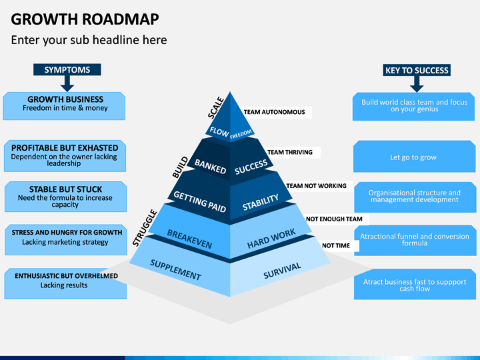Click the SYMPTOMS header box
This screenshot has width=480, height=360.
(67, 69)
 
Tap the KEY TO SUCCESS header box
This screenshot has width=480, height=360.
(417, 70)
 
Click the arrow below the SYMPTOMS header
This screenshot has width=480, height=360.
(67, 83)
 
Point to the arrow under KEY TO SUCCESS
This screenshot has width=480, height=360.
(417, 84)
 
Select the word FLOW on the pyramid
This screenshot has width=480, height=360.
(219, 132)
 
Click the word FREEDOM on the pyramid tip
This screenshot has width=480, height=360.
(241, 134)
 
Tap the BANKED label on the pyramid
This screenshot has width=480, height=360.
(210, 166)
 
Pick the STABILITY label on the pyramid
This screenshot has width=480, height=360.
(261, 202)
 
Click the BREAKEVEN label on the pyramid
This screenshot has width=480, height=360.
(189, 239)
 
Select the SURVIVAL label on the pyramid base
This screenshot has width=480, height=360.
(282, 270)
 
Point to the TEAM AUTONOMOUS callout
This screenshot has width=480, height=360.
(274, 112)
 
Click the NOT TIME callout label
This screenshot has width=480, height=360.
(336, 245)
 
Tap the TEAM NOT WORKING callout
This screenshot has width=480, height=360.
(316, 186)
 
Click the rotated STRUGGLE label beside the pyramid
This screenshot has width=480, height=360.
(145, 228)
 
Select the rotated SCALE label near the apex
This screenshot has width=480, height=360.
(216, 107)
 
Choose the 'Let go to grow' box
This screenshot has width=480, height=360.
(414, 157)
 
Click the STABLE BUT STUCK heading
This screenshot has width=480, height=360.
(65, 189)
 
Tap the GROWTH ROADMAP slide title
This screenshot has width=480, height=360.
(85, 19)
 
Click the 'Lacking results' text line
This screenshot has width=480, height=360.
(64, 285)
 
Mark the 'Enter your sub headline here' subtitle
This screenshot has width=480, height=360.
(89, 40)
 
